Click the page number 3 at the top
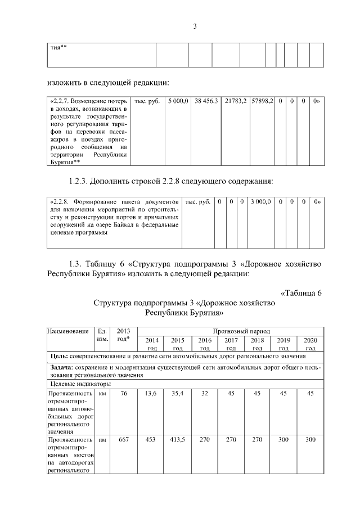click(x=195, y=26)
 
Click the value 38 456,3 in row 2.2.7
click(x=206, y=101)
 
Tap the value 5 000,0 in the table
click(x=177, y=101)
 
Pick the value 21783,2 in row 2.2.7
click(x=235, y=101)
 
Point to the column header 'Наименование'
click(x=69, y=332)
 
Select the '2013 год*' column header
click(x=121, y=336)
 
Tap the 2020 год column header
click(x=309, y=344)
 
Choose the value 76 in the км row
click(x=123, y=394)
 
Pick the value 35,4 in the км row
click(x=178, y=394)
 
